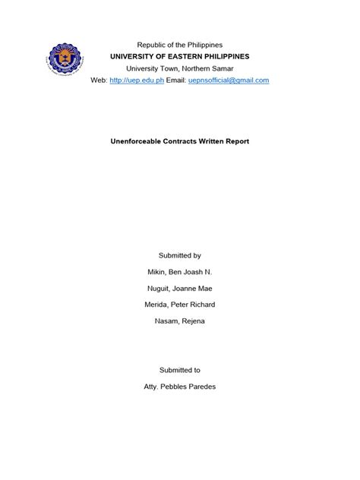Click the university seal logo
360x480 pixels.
[x=65, y=62]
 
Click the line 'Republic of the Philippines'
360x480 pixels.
[x=179, y=46]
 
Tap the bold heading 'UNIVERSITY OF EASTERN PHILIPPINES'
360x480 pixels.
[x=179, y=57]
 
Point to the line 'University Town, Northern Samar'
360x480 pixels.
[x=179, y=68]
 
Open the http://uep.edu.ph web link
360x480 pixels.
[x=137, y=81]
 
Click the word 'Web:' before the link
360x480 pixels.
[x=99, y=81]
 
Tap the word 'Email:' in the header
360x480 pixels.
[x=178, y=81]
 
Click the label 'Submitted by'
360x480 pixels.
[x=180, y=256]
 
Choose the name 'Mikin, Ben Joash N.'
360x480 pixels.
[x=180, y=272]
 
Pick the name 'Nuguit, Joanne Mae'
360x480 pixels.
[x=180, y=289]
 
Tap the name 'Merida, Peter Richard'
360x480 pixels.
[x=180, y=305]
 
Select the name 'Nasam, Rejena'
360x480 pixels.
[x=180, y=321]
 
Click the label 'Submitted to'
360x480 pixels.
[x=180, y=370]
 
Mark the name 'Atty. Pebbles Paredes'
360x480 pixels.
[x=180, y=387]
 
